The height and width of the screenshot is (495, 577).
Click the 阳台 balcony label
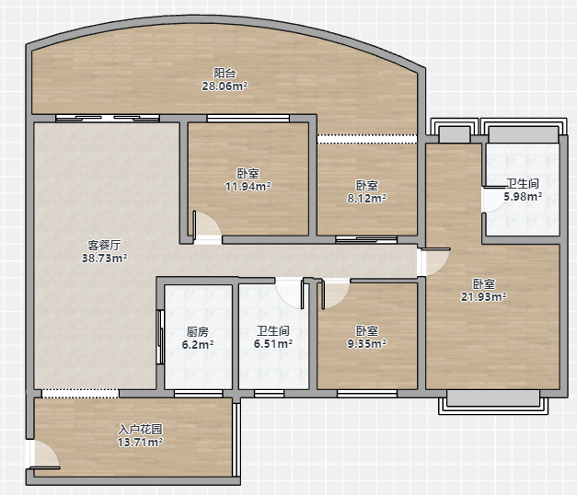pos(225,73)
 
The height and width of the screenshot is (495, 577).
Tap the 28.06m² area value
pos(225,86)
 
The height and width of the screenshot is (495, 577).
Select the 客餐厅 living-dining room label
pos(104,245)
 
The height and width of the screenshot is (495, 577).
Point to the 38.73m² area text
pos(104,258)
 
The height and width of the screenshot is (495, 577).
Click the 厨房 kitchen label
pos(198,331)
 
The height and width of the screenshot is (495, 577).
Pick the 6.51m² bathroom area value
pos(273,344)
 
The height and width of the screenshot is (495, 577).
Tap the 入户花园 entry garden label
pos(140,429)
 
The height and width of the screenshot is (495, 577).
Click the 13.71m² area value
pos(140,442)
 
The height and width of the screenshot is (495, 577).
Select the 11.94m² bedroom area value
pos(248,186)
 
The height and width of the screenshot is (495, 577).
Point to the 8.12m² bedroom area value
pos(367,199)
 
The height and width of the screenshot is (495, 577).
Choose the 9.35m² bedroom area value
pos(367,344)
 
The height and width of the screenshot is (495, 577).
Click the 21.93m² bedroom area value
pos(483,296)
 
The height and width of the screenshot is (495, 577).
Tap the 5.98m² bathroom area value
pos(523,197)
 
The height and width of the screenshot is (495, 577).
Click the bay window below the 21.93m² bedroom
pos(493,402)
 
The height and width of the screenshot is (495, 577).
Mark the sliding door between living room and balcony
pos(108,118)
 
